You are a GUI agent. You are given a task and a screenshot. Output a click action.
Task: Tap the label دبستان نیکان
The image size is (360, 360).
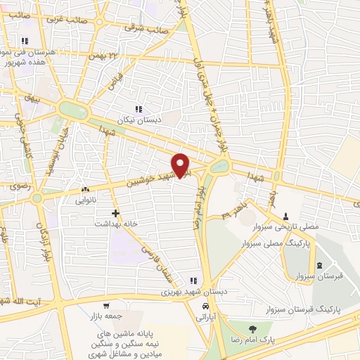[139, 120]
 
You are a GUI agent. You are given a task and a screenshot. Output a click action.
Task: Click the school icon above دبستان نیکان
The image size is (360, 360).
[139, 109]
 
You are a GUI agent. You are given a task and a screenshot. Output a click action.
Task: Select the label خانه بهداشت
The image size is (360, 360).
[116, 223]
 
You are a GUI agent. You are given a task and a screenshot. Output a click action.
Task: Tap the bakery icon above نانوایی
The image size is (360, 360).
[86, 189]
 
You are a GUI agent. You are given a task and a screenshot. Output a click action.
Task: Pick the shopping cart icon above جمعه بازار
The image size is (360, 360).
[106, 306]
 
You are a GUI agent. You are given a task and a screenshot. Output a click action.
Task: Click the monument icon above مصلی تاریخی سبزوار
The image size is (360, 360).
[286, 216]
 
